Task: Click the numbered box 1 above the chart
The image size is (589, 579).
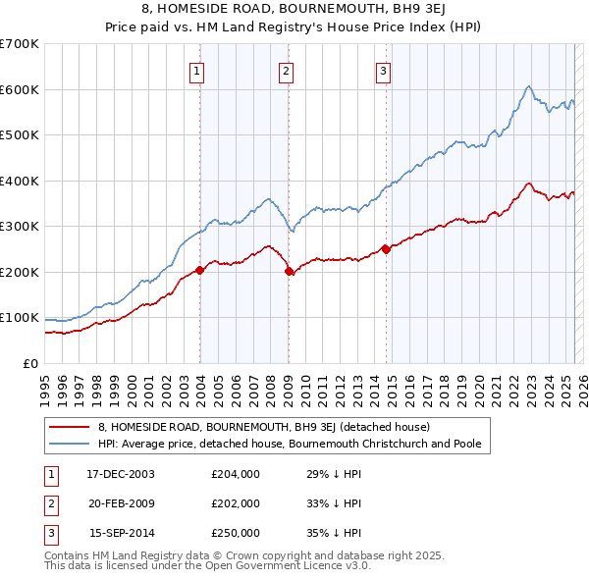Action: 197,70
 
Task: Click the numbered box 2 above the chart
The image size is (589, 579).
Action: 285,70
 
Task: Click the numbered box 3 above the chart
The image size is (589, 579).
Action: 383,70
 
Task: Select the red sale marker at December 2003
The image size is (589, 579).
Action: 200,270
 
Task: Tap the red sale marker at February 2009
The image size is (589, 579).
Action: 289,271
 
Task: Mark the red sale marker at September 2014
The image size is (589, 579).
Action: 386,249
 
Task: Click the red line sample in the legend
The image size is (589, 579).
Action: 69,427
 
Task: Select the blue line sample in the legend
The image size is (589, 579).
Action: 69,443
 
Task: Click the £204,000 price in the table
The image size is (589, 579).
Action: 236,474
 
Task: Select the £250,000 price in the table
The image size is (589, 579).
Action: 236,533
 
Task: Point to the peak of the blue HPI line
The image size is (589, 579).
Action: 528,86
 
